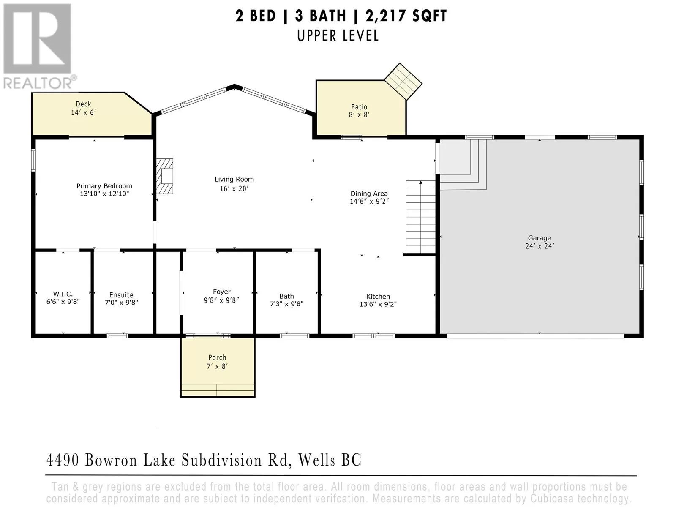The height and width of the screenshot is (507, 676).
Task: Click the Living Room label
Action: [234, 179]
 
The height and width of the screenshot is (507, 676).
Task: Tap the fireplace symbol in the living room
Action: [164, 176]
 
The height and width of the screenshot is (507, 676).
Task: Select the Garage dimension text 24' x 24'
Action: [540, 246]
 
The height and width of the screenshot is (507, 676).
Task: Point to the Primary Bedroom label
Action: [104, 186]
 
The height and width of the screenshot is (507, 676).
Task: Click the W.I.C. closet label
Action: [63, 294]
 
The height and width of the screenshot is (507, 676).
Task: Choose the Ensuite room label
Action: [121, 295]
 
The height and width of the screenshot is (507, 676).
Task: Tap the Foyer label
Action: [222, 292]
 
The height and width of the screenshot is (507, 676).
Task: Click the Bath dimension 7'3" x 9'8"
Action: [287, 304]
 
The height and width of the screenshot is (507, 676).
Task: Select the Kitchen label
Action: [378, 297]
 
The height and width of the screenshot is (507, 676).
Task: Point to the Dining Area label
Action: [369, 194]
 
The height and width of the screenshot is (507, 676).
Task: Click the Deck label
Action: [84, 104]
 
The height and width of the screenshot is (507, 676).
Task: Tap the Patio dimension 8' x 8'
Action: [359, 114]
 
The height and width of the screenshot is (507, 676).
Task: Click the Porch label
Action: [218, 357]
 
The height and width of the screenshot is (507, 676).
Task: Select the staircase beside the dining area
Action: [420, 217]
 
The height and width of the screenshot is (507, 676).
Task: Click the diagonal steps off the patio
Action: [403, 82]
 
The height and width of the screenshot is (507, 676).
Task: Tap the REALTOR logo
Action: [38, 46]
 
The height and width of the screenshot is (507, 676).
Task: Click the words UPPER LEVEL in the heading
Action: [338, 36]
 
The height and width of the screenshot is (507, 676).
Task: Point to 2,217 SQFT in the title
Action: [406, 16]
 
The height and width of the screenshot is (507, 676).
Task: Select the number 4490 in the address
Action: [63, 460]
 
